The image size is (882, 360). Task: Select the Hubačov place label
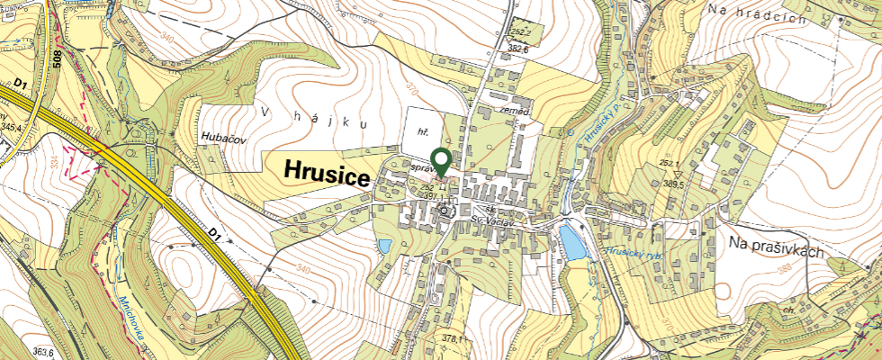[x=219, y=137]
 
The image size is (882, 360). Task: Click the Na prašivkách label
[x=776, y=251]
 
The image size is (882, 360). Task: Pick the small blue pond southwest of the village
[x=384, y=246]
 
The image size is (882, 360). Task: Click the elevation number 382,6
[x=517, y=49]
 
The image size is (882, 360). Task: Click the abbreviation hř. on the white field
[x=420, y=130]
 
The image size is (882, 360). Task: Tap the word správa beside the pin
[x=423, y=168]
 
